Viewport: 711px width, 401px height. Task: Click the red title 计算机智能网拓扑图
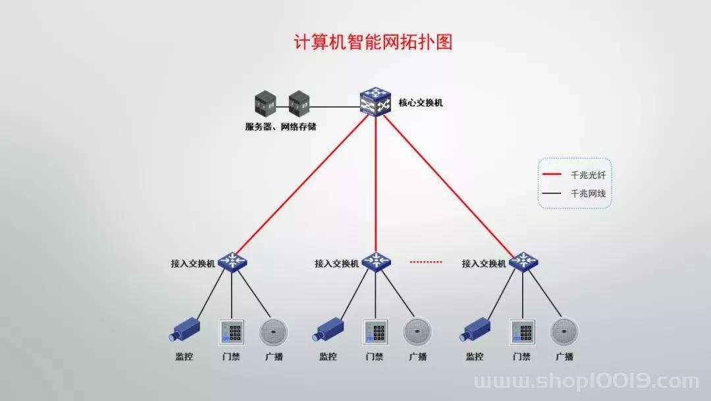[373, 42]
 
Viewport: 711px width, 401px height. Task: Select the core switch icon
[375, 102]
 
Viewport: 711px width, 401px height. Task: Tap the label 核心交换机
[420, 103]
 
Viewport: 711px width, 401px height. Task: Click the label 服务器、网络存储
[280, 127]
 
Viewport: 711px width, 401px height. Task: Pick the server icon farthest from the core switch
[265, 104]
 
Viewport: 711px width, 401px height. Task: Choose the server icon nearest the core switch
[300, 104]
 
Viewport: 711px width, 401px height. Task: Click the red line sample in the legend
[552, 174]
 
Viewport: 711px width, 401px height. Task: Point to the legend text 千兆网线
[588, 193]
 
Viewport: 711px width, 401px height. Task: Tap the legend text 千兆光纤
[588, 175]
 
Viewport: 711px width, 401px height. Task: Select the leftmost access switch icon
[232, 262]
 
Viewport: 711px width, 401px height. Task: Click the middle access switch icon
[377, 262]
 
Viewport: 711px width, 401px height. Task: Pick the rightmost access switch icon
[523, 262]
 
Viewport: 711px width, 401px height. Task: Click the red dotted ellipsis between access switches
[426, 262]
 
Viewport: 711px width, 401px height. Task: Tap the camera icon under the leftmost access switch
[184, 329]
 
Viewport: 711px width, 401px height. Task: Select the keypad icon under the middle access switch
[375, 332]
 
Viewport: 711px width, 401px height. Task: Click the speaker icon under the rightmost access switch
[565, 332]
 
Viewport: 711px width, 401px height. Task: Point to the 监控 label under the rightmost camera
[475, 357]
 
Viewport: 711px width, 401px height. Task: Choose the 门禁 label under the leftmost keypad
[231, 357]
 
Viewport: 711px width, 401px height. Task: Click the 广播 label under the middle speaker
[418, 357]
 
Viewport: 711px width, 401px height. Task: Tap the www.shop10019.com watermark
[587, 381]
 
